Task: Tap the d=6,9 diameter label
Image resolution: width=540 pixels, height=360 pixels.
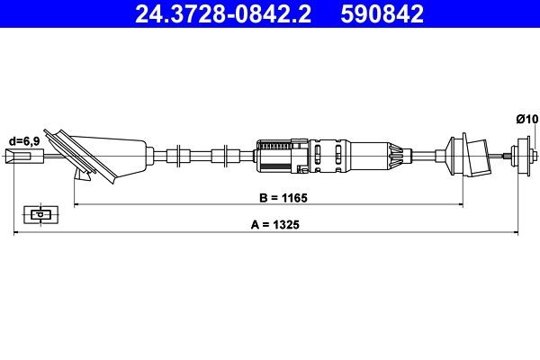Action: coord(24,141)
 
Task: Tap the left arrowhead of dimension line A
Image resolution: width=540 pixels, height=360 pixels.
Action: coord(16,233)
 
